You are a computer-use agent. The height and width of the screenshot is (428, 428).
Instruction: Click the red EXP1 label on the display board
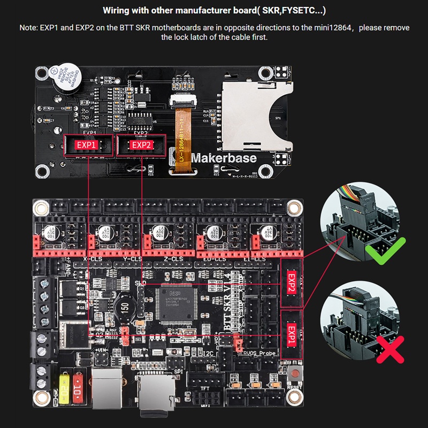pyautogui.click(x=85, y=145)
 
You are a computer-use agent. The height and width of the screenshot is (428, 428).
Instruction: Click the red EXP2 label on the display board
pyautogui.click(x=142, y=145)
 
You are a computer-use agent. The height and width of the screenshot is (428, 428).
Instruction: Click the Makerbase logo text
pyautogui.click(x=224, y=158)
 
